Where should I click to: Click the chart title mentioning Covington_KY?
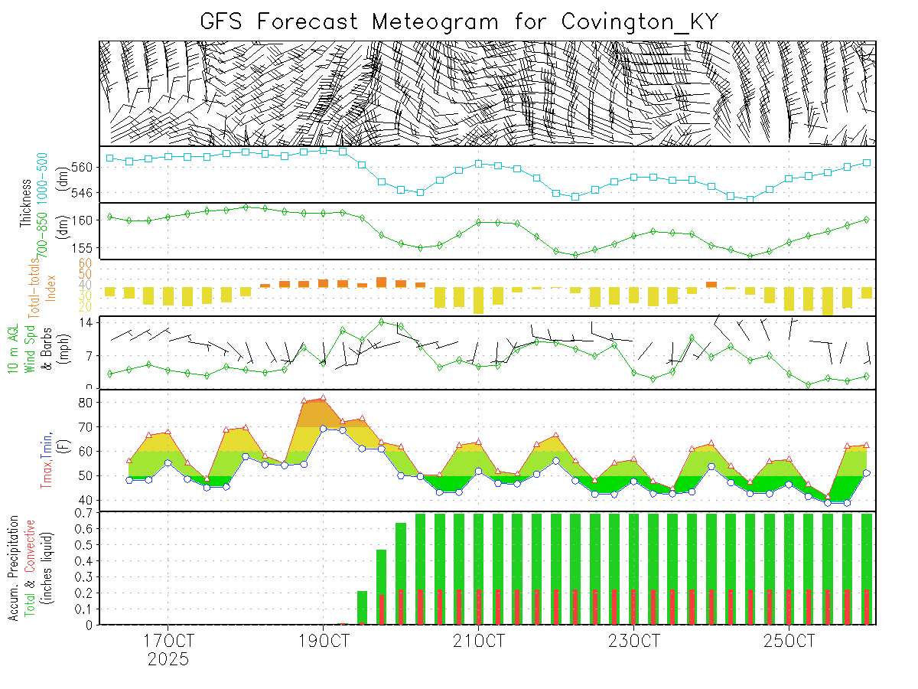[x=459, y=21]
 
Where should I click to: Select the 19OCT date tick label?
[x=324, y=640]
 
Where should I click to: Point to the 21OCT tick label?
[x=479, y=640]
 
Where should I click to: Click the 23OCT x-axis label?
[x=634, y=640]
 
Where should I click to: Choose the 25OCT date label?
[x=789, y=640]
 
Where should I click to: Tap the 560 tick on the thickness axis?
[x=86, y=167]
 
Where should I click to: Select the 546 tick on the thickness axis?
[x=86, y=192]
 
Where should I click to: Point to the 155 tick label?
[x=86, y=248]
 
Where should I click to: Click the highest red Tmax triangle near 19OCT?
[x=324, y=398]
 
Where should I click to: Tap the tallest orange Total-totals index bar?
[x=381, y=282]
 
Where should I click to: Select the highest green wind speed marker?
[x=381, y=322]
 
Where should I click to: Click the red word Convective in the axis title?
[x=31, y=547]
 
